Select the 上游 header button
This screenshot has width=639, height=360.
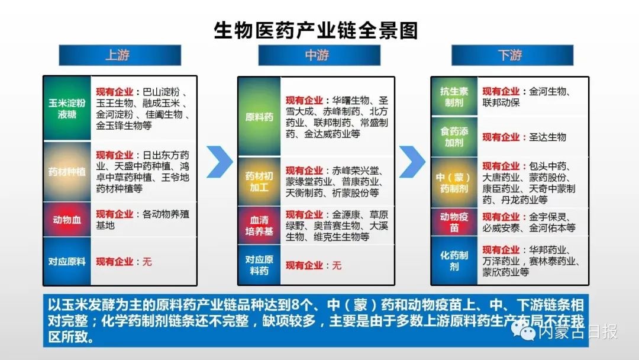click(119, 55)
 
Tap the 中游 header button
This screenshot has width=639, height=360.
click(317, 55)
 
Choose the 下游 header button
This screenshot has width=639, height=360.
click(512, 55)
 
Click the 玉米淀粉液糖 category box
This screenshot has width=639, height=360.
click(67, 108)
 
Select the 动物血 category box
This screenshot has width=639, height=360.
click(67, 220)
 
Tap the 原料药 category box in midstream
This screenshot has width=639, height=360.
click(259, 117)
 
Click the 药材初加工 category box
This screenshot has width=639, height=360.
click(259, 181)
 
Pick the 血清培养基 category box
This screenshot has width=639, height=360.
click(259, 226)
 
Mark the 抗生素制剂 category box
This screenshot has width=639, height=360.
click(454, 97)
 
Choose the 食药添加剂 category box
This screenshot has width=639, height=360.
click(454, 137)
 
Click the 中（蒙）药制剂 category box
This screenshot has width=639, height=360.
click(454, 182)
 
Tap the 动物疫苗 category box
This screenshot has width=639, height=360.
click(454, 221)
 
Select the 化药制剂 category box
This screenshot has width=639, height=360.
click(454, 261)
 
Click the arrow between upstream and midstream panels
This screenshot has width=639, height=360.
click(220, 162)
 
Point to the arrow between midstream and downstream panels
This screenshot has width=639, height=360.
click(412, 162)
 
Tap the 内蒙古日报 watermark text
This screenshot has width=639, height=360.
click(577, 333)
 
